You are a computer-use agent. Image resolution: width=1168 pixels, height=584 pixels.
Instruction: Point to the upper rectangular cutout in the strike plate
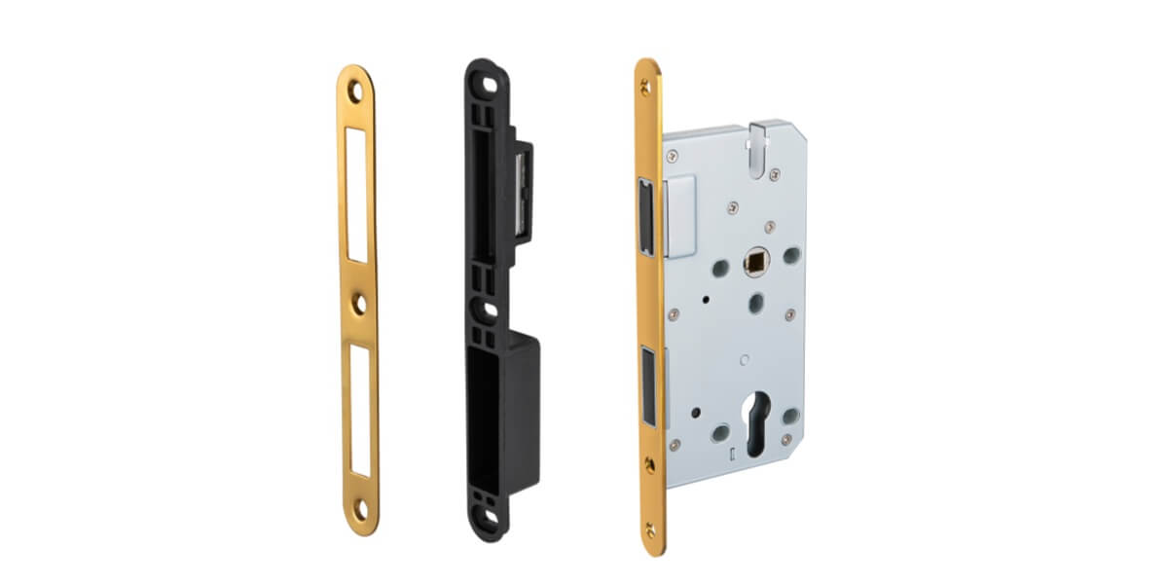coord(357,195)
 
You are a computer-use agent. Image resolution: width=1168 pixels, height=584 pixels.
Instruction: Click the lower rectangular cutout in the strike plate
coord(361,410)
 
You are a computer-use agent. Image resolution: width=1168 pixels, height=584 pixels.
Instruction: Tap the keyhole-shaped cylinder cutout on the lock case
coord(755,428)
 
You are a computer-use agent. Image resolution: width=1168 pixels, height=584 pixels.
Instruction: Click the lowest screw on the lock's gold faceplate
coord(650,529)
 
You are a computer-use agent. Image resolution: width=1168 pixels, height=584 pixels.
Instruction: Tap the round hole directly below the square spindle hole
coord(754,303)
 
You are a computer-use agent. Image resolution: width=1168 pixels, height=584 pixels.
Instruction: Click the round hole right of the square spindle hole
coord(791,255)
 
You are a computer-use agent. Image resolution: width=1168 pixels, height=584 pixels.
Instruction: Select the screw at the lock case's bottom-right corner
coord(786,439)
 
